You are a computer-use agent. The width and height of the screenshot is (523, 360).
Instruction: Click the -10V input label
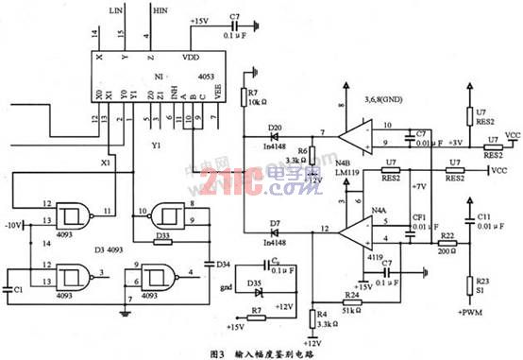pyautogui.click(x=14, y=225)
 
